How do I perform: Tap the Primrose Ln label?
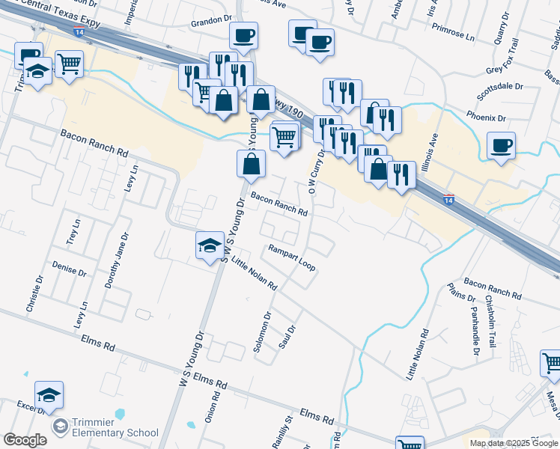coord(454,36)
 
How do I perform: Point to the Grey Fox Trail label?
coord(507,70)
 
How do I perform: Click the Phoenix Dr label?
coord(487,118)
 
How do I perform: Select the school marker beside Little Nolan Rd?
coord(210,245)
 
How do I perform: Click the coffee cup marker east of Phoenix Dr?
coord(502,145)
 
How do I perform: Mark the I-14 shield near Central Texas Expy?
coord(79,32)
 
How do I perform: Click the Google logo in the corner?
coord(25,440)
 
